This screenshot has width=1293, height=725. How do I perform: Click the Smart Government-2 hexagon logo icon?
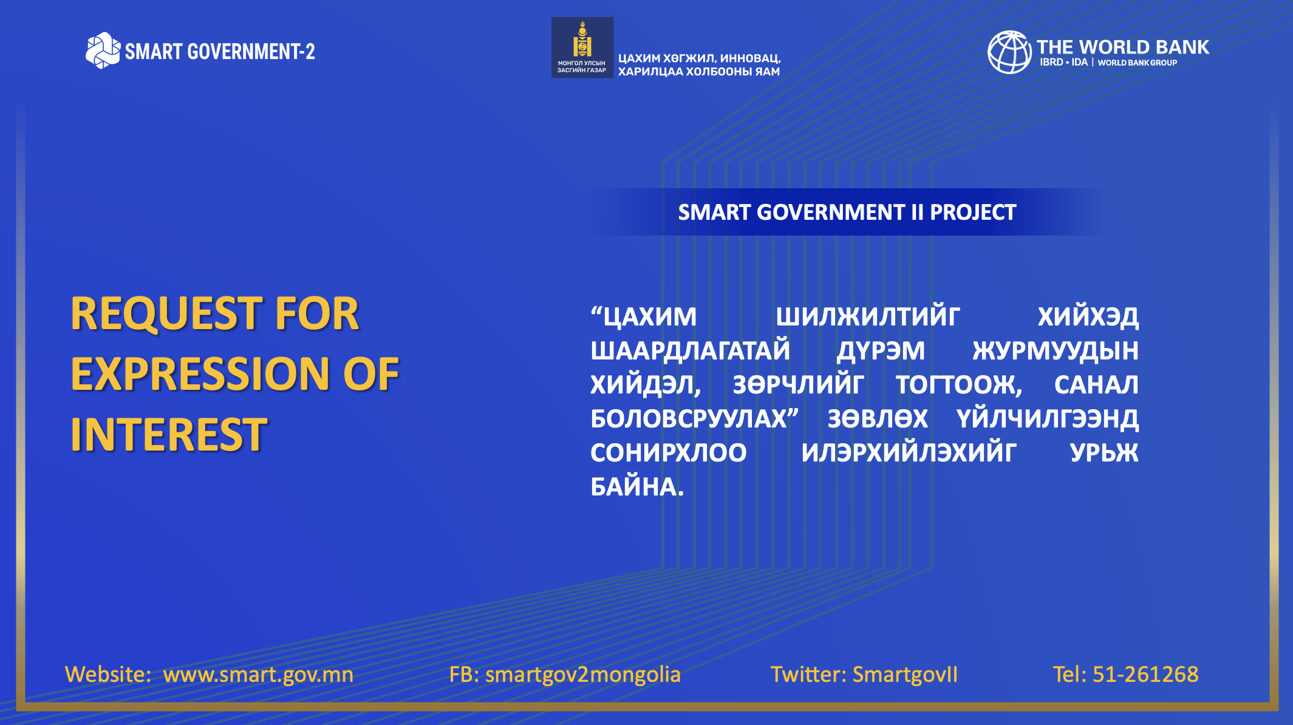coord(103,50)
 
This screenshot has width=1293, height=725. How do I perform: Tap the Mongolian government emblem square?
coord(582,47)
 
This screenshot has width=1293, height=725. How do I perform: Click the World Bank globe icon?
coord(1009,52)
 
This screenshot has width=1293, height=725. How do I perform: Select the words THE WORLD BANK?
coord(1122,47)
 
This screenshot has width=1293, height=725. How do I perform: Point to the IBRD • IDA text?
coord(1063,62)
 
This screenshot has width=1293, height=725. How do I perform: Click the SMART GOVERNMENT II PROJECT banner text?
coord(847,212)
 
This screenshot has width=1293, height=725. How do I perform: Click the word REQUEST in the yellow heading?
coord(166,314)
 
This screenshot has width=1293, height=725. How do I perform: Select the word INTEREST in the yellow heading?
coord(169,434)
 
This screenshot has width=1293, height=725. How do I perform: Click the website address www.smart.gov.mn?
coord(258,675)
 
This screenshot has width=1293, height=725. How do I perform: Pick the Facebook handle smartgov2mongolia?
coord(582,675)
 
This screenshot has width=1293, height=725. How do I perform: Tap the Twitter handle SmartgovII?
coord(905,675)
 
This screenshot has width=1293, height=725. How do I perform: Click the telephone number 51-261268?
coord(1145,674)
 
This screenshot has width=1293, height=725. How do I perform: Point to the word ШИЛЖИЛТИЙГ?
coord(868,316)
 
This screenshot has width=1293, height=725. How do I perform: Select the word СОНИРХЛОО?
coord(669,452)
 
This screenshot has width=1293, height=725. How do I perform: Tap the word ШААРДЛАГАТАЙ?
coord(691,351)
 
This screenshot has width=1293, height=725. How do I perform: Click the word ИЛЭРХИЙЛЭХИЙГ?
coord(909,452)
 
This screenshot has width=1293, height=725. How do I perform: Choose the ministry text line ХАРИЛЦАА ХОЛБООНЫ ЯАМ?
coord(699,72)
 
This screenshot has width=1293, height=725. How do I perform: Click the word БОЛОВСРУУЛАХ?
coord(689,418)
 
